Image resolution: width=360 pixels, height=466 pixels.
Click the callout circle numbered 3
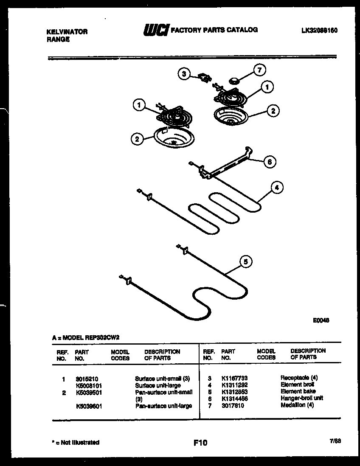[x=183, y=74]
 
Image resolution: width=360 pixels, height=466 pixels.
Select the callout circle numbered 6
[x=269, y=161]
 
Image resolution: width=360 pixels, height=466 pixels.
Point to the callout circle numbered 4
[x=277, y=188]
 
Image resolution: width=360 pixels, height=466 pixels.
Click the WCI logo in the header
[x=156, y=30]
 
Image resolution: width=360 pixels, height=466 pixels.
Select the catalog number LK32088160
[x=319, y=31]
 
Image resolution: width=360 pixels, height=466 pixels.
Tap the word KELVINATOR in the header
[x=67, y=32]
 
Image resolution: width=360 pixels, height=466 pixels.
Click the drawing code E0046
[x=321, y=320]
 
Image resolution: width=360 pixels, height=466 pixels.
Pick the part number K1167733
[x=234, y=378]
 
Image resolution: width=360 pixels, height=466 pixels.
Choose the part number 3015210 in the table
[x=87, y=378]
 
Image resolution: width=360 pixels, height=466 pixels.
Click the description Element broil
[x=297, y=385]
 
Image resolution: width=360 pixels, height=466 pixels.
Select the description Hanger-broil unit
[x=301, y=398]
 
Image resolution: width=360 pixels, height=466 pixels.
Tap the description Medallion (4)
[x=297, y=405]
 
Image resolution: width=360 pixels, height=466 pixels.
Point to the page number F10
[x=200, y=443]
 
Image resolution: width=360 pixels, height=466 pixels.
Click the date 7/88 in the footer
[x=335, y=441]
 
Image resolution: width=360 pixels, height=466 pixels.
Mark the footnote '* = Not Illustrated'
[x=76, y=442]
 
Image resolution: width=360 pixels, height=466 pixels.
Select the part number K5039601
[x=89, y=406]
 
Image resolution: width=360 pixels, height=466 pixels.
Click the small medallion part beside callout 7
[x=234, y=79]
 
